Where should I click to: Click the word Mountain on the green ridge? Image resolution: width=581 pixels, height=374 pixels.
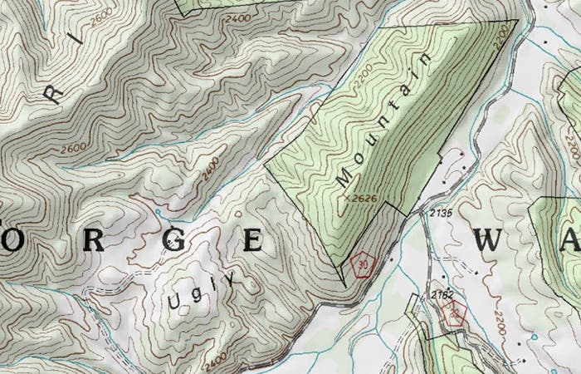[x=387, y=119]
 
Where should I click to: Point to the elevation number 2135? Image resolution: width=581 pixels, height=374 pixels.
[x=442, y=214]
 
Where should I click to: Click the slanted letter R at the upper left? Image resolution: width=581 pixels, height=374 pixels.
[x=53, y=93]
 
